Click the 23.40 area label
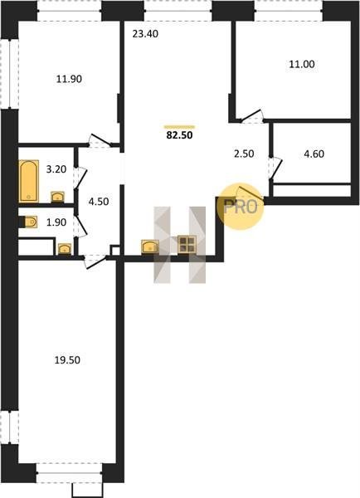coord(145,34)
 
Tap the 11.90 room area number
coord(69,79)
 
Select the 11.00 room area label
coord(302,64)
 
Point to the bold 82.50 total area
coord(179,135)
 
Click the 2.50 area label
coord(244,154)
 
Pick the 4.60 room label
coord(314,154)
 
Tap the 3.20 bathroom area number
coord(56,169)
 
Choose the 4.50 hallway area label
coord(99,202)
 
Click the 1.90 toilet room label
coord(56,222)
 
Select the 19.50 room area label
coord(67,360)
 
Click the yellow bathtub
coord(28,181)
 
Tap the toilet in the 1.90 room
coord(28,222)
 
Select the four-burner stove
coord(187,245)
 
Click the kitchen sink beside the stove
coord(150,247)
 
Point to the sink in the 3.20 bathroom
coord(58,197)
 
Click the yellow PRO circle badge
coord(241,207)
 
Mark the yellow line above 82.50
coord(179,127)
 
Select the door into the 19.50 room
coord(95,262)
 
